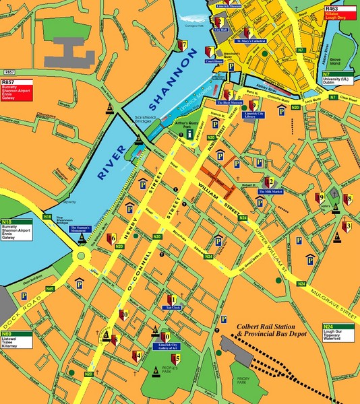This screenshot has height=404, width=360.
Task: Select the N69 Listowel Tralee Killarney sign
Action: point(17,341)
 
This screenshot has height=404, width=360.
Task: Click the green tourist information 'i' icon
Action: point(191,134)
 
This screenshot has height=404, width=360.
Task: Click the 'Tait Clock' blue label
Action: point(173,307)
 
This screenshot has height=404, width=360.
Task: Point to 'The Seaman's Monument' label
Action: point(85,228)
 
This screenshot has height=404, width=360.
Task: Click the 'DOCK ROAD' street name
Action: point(19,310)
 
